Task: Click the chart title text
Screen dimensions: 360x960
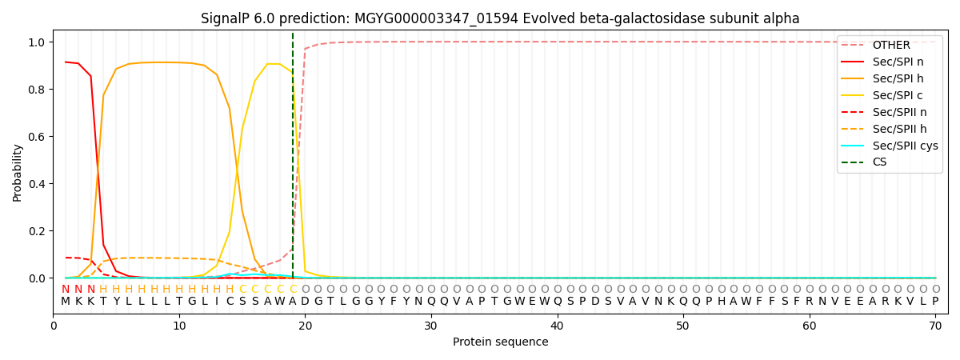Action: pos(500,18)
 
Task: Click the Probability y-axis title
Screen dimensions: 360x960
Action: pos(17,172)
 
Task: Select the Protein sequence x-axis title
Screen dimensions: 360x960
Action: pos(500,342)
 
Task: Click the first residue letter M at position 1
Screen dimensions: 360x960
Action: pos(66,302)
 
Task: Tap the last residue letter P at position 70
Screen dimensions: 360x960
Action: pos(934,302)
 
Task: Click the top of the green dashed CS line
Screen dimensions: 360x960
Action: pos(293,34)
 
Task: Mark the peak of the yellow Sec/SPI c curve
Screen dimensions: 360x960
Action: pos(267,64)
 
